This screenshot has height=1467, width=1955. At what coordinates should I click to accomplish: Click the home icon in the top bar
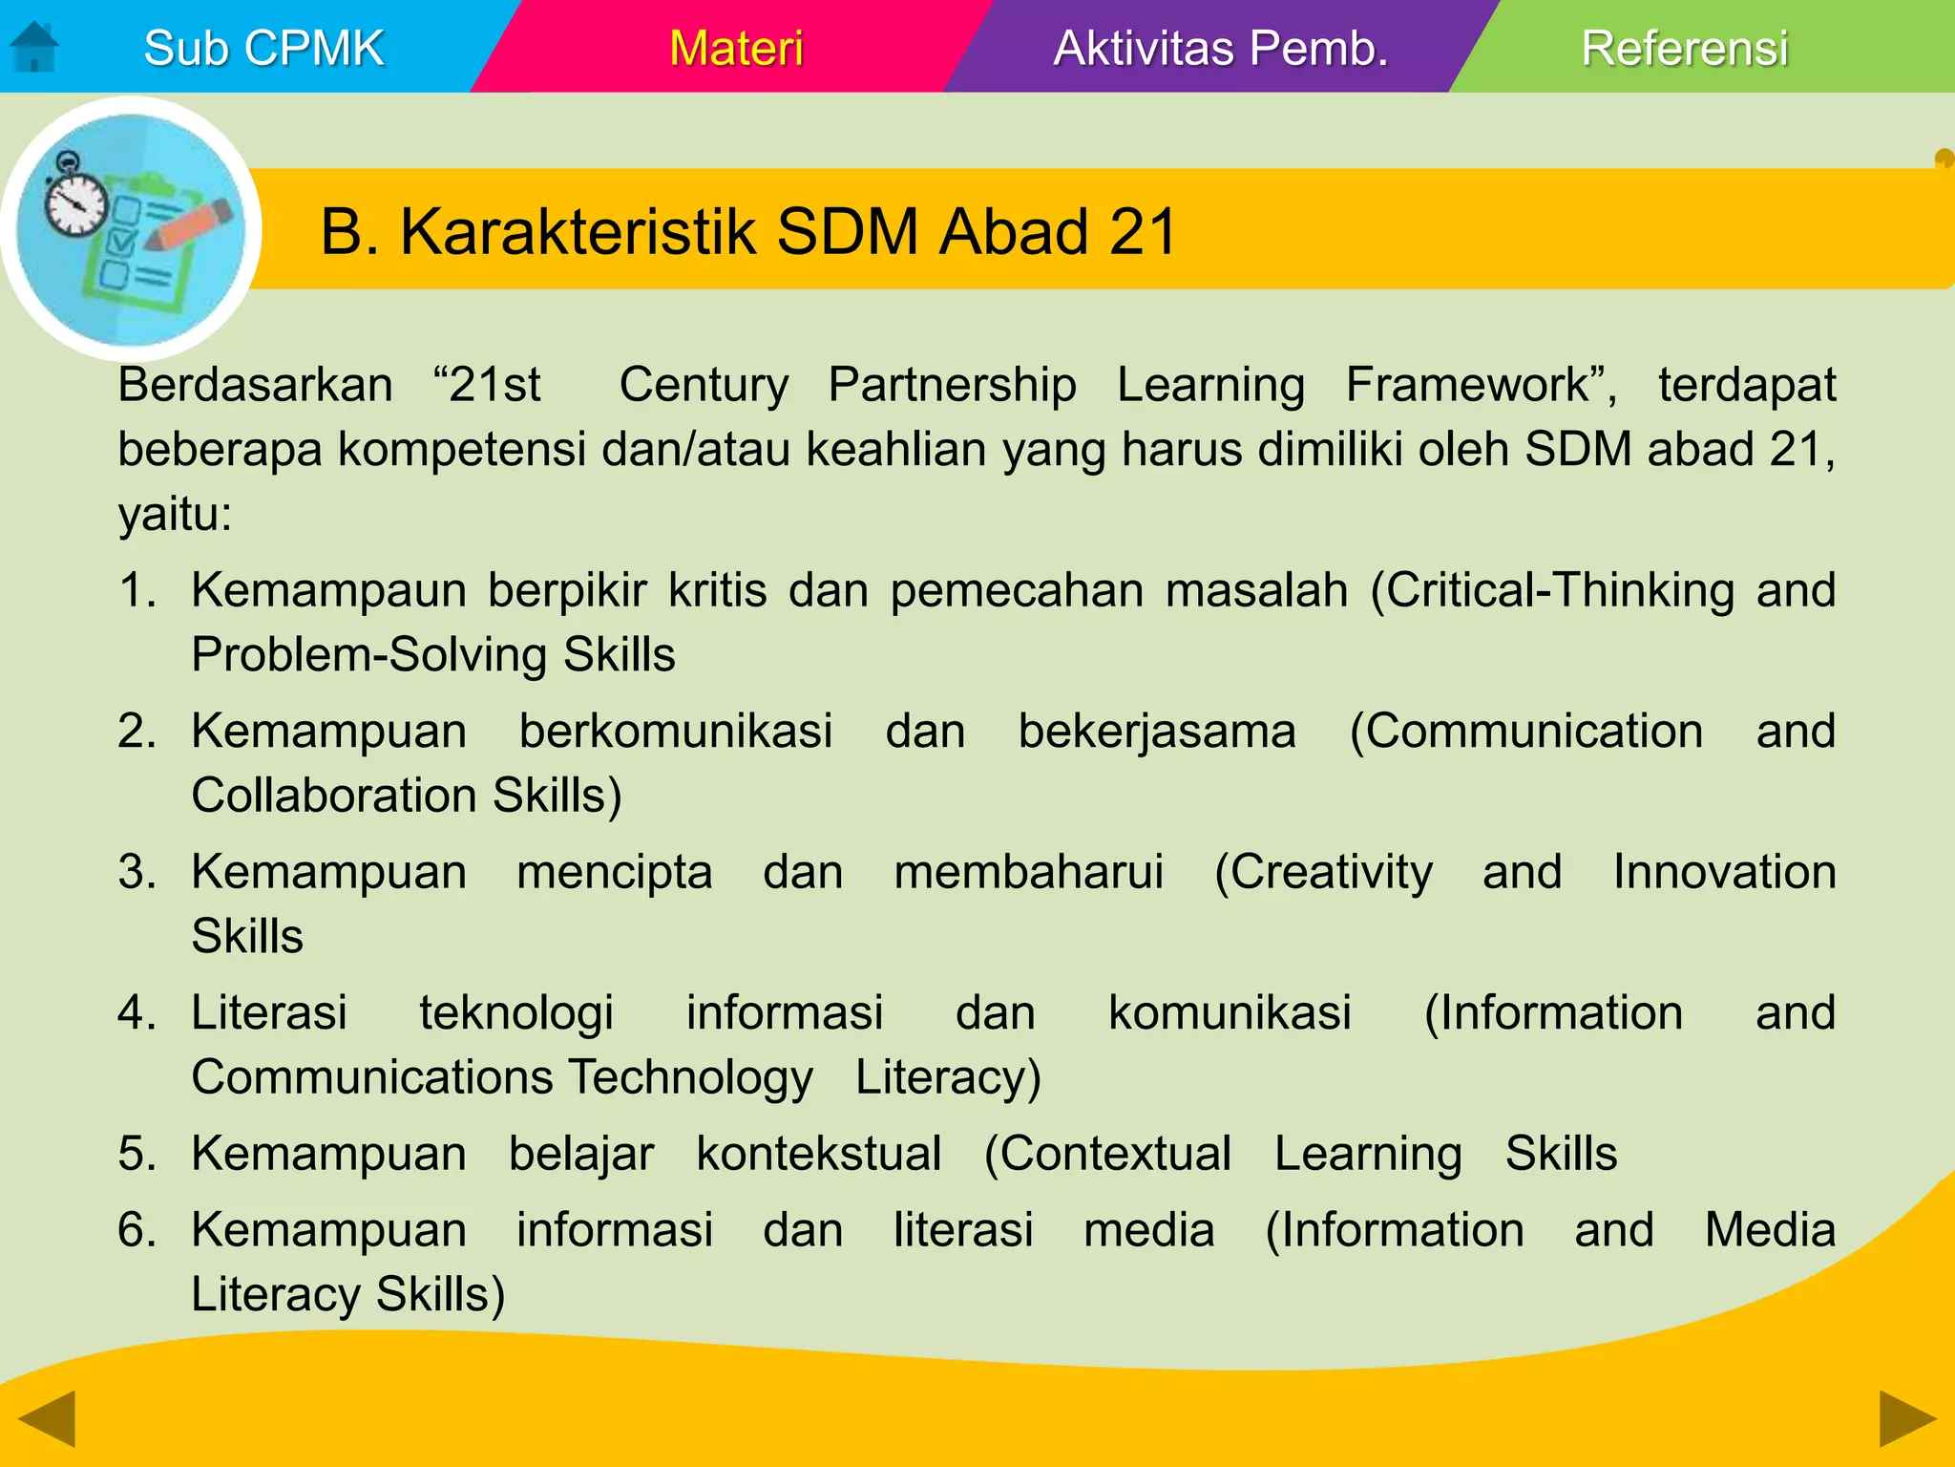(34, 47)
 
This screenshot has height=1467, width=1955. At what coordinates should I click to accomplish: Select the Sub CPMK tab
(263, 48)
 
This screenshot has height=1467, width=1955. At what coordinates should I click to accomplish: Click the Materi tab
(736, 48)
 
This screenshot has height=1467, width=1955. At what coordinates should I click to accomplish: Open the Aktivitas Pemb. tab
(1220, 48)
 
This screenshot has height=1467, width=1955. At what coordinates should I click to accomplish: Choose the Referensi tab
(1684, 48)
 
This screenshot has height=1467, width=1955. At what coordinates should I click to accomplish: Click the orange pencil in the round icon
(191, 225)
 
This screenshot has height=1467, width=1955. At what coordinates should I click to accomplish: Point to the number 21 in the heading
(1143, 232)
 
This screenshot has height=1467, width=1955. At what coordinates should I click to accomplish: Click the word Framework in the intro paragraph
(1477, 385)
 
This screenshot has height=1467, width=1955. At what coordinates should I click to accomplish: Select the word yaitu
(175, 515)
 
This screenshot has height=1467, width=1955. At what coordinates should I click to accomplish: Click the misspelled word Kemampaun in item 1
(328, 589)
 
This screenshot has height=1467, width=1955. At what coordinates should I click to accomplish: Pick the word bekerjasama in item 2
(1157, 731)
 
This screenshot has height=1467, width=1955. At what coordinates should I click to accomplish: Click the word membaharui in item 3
(1028, 872)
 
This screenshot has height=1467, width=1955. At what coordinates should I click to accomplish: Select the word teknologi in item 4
(516, 1012)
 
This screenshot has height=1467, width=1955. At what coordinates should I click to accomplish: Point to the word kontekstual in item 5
(818, 1153)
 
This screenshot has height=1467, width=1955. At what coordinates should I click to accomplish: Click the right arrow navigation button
(1907, 1419)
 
